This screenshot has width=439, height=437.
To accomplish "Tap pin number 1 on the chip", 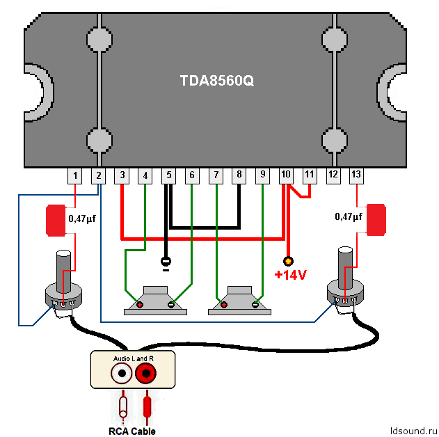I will [75, 175].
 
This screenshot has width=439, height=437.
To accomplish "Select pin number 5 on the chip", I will [168, 175].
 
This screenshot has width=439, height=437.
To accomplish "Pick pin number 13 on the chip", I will [356, 175].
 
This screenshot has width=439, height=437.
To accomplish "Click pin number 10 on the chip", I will [285, 175].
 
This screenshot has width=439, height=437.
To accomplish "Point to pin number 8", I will [239, 175].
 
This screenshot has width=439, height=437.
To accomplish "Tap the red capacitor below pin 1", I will [56, 219].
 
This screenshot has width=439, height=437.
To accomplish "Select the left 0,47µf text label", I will [83, 218].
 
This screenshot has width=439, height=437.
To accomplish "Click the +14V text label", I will [290, 275].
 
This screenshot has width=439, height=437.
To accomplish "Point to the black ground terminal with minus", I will [166, 262].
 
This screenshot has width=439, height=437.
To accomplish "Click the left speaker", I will [155, 301].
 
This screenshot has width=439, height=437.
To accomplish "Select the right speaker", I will [239, 301].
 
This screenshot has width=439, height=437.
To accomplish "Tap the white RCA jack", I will [122, 374].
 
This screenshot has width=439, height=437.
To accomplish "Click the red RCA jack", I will [146, 374].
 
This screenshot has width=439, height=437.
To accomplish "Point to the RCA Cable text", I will [131, 431].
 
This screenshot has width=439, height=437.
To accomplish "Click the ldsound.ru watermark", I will [413, 430].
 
